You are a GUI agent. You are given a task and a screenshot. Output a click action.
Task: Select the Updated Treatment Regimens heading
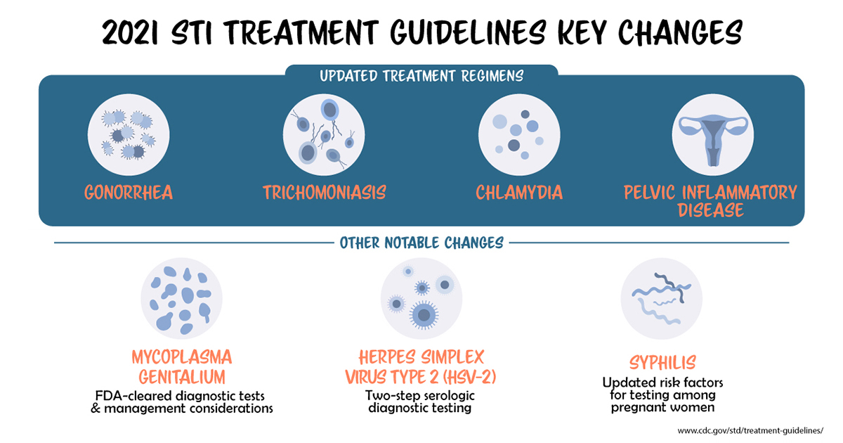[x=421, y=75]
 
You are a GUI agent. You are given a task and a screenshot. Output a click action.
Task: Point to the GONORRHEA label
[x=129, y=193]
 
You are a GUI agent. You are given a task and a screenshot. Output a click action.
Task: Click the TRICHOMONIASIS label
[x=325, y=193]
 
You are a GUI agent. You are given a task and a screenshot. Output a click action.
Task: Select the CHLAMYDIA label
[x=518, y=193]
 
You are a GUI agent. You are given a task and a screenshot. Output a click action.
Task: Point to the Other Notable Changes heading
[x=421, y=243]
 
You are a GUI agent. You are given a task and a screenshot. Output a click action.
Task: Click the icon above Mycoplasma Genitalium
[x=182, y=298]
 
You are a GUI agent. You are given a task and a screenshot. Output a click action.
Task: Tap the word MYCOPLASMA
[x=182, y=355]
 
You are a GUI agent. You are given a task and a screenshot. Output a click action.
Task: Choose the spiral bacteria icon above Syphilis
[x=661, y=298]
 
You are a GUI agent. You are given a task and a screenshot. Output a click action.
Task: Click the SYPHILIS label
[x=661, y=363]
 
